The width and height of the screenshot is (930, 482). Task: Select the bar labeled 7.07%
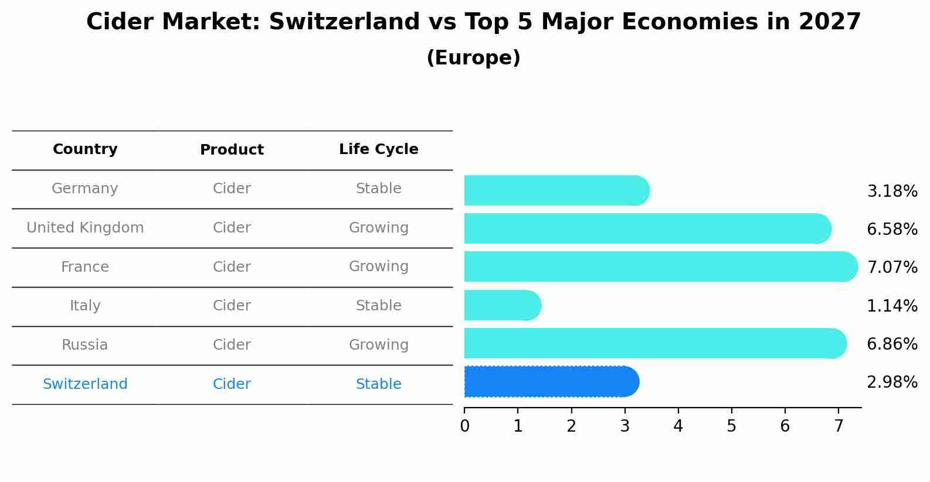[x=660, y=266]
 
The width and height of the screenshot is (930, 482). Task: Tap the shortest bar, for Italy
[x=501, y=305]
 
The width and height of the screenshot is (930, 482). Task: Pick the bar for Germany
[x=556, y=190]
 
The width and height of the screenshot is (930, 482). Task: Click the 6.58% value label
[x=892, y=229]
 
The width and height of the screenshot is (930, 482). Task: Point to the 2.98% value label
[x=892, y=382]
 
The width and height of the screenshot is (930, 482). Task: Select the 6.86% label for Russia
[x=892, y=344]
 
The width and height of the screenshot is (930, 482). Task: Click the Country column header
[x=85, y=149]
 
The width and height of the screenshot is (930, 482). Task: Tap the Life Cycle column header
[x=378, y=149]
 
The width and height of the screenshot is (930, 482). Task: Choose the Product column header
[x=232, y=150]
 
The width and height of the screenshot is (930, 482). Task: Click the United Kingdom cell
[x=85, y=228]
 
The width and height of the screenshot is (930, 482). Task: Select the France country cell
[x=85, y=267]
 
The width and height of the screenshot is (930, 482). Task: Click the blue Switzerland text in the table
[x=85, y=384]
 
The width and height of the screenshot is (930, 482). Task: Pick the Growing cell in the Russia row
[x=378, y=345]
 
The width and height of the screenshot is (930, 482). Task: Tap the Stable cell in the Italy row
[x=378, y=306]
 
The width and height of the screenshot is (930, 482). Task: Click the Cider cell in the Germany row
[x=232, y=189]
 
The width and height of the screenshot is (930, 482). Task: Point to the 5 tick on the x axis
[x=731, y=426]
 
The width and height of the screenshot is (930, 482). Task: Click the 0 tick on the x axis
[x=464, y=426]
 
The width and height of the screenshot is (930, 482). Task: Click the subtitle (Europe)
[x=473, y=58]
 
